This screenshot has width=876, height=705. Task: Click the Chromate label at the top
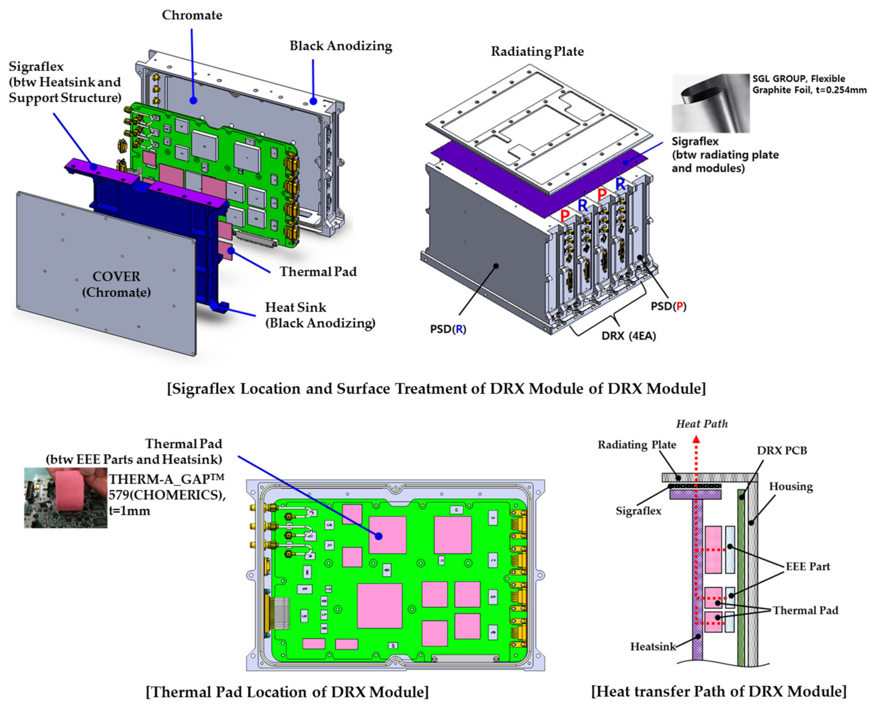pos(192,15)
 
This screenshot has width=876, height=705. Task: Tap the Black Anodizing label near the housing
pos(341,46)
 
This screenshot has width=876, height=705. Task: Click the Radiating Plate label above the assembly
pos(537,52)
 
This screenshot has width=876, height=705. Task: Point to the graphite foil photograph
pos(710,103)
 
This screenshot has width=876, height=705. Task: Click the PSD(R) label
pos(448,329)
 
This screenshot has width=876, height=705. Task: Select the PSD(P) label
pos(668,306)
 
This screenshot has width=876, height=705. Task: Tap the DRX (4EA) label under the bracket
pos(628,336)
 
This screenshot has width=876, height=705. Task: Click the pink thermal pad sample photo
pos(66,498)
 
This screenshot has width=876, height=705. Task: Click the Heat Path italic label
pos(702,424)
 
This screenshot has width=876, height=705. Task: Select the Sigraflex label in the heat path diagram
pos(638,511)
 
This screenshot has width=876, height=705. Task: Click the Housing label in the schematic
pos(790,487)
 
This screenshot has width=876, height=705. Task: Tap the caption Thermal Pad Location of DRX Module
pos(287,692)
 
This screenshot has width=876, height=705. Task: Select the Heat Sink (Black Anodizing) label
pos(320,315)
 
